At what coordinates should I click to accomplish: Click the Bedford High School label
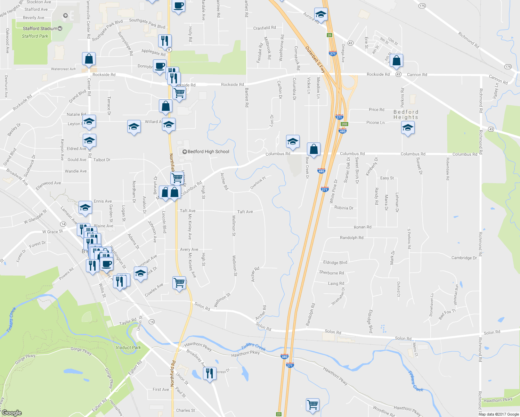tap(208, 152)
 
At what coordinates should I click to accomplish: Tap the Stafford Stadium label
tap(40, 28)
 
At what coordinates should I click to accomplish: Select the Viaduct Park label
tap(128, 347)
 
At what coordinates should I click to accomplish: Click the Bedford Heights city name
tap(406, 115)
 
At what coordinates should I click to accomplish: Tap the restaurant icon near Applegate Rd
tap(164, 41)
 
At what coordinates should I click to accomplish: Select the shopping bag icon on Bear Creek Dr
tap(314, 149)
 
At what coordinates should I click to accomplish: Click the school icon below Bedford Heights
tap(408, 128)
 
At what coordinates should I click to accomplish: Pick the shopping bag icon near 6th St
tap(396, 60)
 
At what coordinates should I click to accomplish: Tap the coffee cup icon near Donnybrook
tap(160, 66)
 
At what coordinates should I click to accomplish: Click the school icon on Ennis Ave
tap(85, 207)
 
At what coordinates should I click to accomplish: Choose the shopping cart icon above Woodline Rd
tap(312, 404)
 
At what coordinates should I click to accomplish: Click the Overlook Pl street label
tap(258, 183)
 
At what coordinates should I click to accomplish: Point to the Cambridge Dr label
tap(464, 258)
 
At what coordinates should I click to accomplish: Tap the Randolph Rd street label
tap(351, 238)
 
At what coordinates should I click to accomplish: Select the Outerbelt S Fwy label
tap(315, 59)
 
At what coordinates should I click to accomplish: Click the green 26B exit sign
tap(344, 124)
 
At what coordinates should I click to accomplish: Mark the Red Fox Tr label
tap(447, 314)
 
